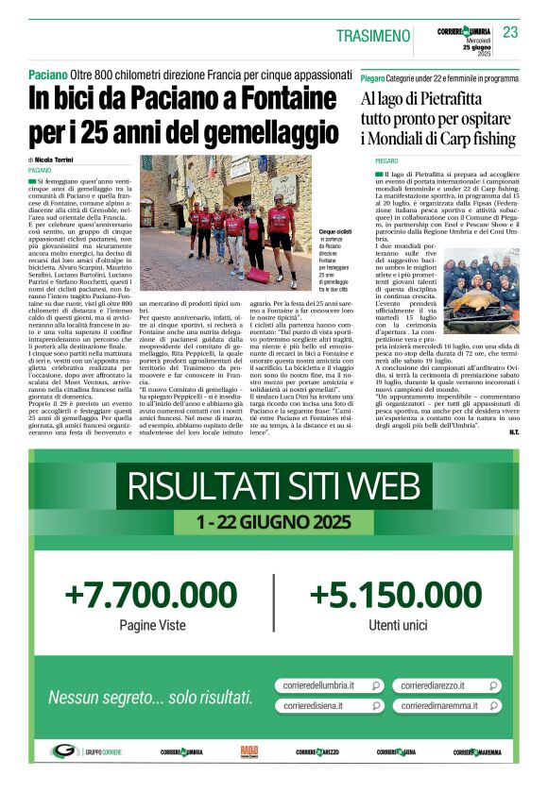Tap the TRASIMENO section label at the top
coord(373,36)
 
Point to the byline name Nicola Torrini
coord(59,160)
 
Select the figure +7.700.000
coord(150,596)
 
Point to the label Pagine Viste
coord(150,625)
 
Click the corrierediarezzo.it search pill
coord(447,685)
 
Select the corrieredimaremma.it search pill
coord(447,705)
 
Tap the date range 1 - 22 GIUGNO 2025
coord(273,521)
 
